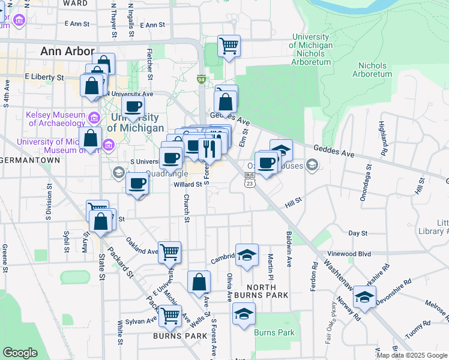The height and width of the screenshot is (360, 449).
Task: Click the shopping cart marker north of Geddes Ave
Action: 229,45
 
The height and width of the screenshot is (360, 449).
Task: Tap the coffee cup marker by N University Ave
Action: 133,108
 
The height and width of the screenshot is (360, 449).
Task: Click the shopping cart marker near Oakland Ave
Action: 170,253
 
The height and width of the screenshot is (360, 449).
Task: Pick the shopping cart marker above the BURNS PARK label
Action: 170,315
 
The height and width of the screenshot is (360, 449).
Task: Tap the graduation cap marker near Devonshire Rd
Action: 364,296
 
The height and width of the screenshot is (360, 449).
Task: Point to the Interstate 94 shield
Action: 202,79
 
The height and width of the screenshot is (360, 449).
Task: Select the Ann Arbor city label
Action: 67,52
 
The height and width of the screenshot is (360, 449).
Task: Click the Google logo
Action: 20,353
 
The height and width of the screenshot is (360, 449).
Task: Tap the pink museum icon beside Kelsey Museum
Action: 94,116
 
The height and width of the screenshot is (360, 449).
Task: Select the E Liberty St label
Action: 44,77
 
